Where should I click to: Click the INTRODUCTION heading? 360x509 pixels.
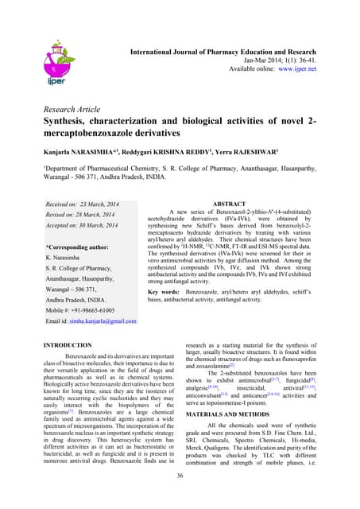click(x=68, y=346)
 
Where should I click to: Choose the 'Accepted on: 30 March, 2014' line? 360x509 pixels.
click(x=83, y=225)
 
